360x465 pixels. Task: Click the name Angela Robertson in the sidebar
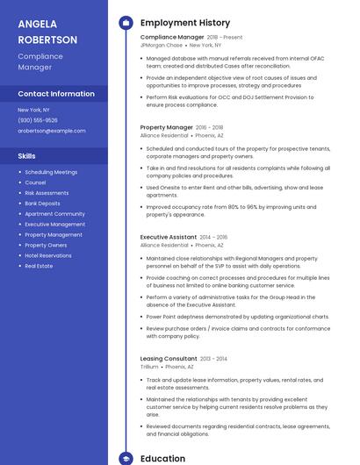coord(47,32)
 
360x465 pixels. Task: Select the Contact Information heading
coord(56,94)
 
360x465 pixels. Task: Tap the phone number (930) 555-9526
coord(38,120)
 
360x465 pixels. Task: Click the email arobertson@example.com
coord(52,131)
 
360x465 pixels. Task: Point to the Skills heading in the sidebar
coord(26,155)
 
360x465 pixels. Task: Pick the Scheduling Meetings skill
coord(51,172)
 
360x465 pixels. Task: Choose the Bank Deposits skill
coord(42,204)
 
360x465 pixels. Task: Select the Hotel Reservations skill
coord(48,255)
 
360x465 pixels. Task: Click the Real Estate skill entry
coord(39,266)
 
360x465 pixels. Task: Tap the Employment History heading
coord(184,23)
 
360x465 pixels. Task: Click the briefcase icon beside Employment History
coord(126,23)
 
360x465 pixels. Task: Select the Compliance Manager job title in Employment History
coord(172,38)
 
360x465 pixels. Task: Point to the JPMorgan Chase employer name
coord(162,45)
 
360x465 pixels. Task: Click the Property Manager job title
coord(166,127)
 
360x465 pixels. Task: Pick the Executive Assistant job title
coord(168,237)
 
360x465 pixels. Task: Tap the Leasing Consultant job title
coord(169,359)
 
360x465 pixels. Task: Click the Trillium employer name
coord(149,366)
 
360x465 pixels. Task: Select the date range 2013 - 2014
coord(213,359)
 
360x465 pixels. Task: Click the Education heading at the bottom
coord(162,458)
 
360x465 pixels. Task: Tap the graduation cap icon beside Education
coord(126,458)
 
